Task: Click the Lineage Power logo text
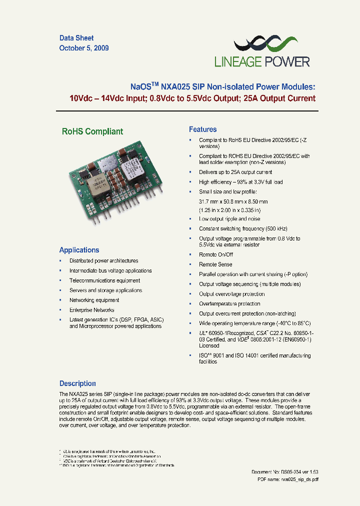[262, 62]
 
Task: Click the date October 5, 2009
[84, 48]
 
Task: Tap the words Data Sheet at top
[76, 38]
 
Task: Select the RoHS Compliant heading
[92, 131]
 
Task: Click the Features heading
[202, 129]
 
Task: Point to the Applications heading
[79, 250]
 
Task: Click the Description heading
[77, 383]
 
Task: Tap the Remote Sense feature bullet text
[215, 264]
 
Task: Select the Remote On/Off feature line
[216, 254]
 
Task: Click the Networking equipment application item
[94, 300]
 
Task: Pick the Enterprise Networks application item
[91, 310]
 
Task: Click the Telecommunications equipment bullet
[104, 280]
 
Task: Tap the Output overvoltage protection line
[232, 294]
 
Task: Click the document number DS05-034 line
[284, 472]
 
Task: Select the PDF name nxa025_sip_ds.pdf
[288, 479]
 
